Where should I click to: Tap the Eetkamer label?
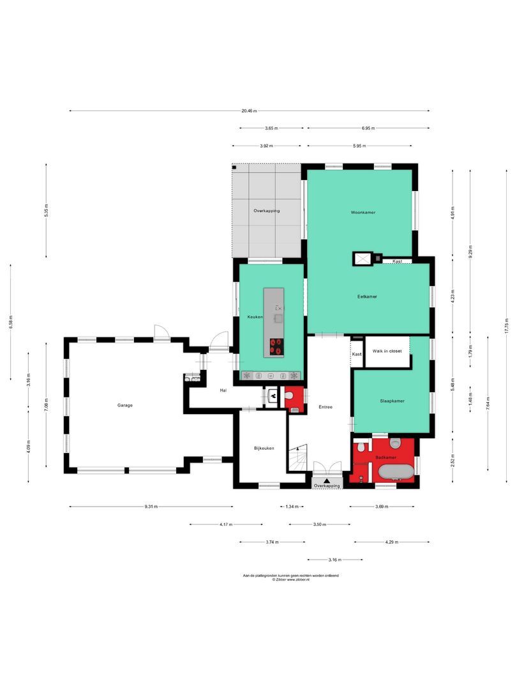click(366, 296)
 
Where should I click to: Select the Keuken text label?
click(255, 317)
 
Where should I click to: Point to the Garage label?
click(124, 405)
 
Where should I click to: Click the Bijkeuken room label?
click(264, 448)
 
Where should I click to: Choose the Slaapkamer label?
click(392, 401)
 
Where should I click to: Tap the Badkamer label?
click(386, 457)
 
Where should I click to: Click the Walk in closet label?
click(387, 351)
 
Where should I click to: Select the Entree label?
click(325, 407)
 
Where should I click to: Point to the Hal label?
click(223, 390)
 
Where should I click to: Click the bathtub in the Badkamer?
click(396, 472)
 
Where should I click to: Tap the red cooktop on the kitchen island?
click(276, 346)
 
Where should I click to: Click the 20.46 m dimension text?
click(249, 111)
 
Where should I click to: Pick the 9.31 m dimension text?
click(151, 507)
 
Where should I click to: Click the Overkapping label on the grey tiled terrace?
click(266, 210)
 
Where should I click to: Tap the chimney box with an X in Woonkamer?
click(362, 258)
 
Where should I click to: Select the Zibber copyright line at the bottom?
click(290, 579)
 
